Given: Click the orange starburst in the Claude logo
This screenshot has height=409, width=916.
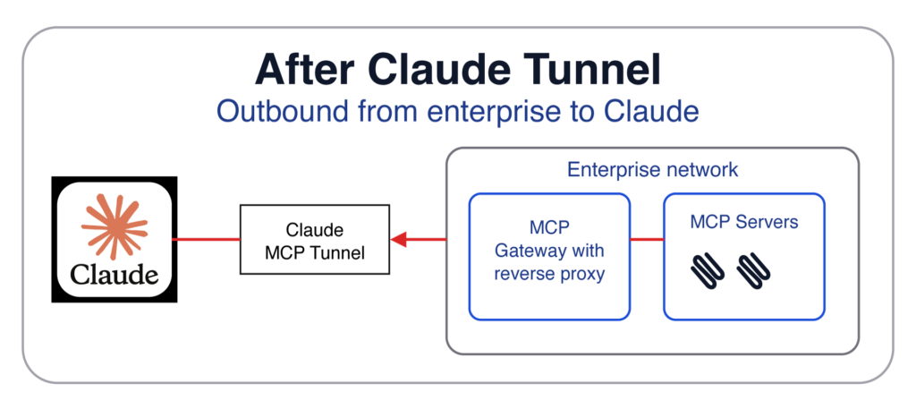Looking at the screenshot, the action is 114,226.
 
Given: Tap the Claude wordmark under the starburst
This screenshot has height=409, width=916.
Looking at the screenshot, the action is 114,274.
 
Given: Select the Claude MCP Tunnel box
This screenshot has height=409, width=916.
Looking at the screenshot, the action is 315,240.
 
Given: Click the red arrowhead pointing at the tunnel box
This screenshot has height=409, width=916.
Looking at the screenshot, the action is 398,240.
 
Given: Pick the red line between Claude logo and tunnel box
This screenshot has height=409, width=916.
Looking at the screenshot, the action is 206,240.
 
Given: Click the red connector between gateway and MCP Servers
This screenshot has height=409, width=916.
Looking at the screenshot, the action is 647,240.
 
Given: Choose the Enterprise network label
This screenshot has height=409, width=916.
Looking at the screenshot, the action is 652,169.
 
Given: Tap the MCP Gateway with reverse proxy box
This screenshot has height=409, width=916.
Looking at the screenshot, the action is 549,257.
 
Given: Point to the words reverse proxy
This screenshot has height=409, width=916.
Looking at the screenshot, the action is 549,274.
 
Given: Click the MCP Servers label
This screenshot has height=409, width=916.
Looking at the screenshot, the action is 743,222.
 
